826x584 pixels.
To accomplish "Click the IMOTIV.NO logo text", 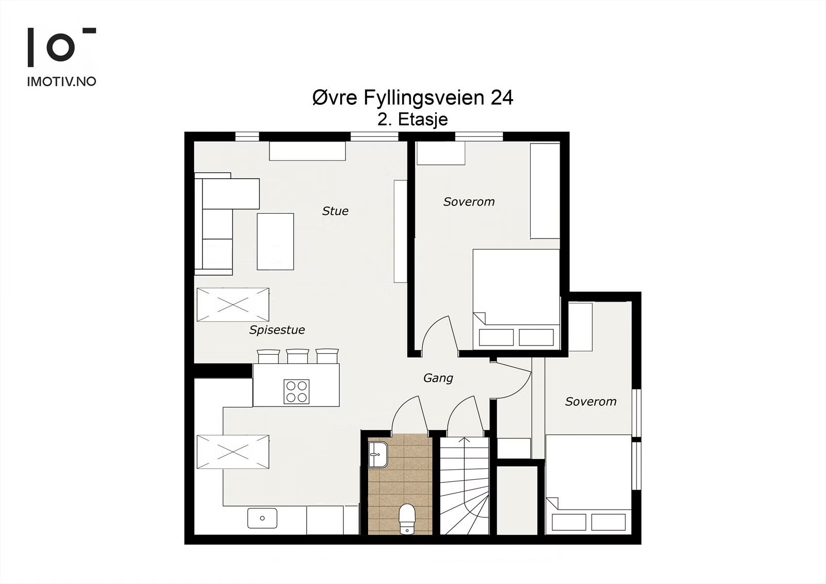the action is [61, 82].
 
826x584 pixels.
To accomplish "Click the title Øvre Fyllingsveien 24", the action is [412, 98].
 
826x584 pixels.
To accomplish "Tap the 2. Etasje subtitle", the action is [412, 119].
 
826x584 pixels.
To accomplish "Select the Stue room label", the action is [335, 211].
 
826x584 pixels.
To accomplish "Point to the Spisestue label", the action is [277, 330].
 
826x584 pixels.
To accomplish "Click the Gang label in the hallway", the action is [438, 378].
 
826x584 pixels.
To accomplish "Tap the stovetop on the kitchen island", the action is [296, 391].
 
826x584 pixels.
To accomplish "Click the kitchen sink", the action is [262, 518].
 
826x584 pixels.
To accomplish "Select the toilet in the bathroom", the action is [407, 519].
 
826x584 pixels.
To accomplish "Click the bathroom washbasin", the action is [377, 455].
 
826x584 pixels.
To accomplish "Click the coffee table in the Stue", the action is [276, 242].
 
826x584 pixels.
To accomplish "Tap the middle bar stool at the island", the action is [297, 356].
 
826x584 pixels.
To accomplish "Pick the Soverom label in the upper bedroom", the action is [469, 202].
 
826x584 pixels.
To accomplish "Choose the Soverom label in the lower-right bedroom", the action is [591, 401].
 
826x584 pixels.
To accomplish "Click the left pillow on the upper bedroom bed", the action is [496, 337].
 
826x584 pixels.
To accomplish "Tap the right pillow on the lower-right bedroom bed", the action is [609, 522].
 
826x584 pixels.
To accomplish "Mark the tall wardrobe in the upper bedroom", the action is [545, 191].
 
